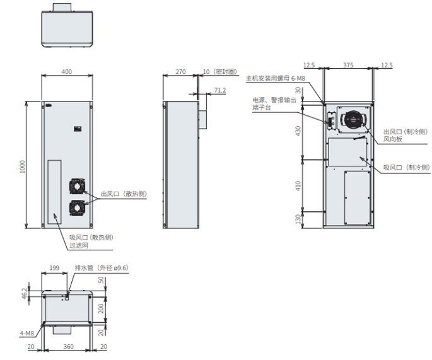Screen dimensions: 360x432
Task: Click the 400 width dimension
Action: tap(66, 72)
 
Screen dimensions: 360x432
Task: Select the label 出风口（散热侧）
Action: tap(124, 194)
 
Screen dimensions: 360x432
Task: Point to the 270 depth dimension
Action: tap(180, 73)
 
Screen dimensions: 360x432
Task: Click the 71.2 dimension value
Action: tap(219, 90)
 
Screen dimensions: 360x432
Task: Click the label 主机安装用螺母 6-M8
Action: tap(276, 79)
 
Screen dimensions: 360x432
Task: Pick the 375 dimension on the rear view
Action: tap(347, 65)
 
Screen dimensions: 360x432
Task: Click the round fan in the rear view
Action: tap(353, 119)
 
